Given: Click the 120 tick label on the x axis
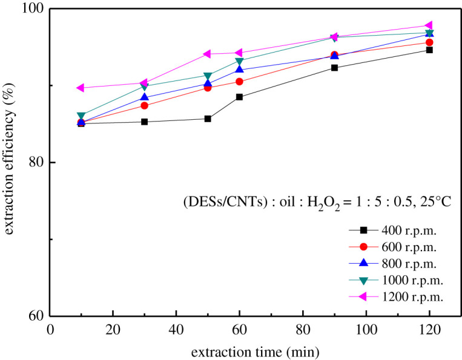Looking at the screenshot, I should [429, 330].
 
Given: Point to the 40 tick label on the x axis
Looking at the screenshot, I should [176, 330].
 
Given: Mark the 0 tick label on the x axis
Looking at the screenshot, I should [50, 330].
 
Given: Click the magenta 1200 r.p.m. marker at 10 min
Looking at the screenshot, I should [81, 88].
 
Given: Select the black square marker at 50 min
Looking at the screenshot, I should [208, 119].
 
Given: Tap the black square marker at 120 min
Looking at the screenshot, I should [429, 50].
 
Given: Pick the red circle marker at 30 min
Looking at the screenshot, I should [144, 105].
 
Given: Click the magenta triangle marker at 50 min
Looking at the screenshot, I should [207, 54].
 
